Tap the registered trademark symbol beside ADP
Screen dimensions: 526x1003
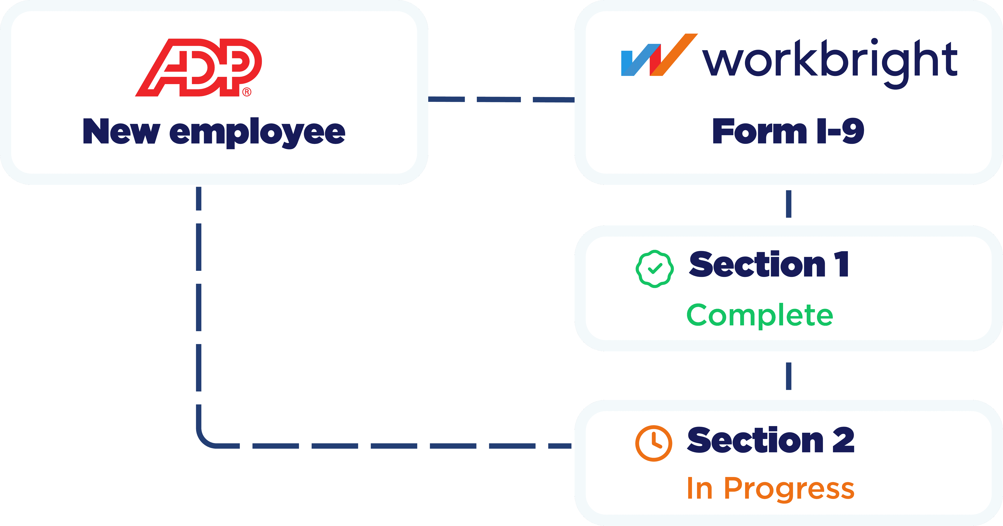tap(247, 92)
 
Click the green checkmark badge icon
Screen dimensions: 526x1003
tap(654, 269)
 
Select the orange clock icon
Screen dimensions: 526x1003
tap(654, 443)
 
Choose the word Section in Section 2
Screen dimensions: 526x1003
tap(755, 440)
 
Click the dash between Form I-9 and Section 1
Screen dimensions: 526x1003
tap(788, 204)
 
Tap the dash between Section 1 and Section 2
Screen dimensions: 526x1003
tap(788, 376)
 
